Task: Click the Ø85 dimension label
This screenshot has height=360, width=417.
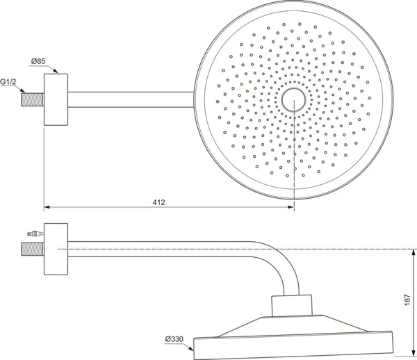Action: click(38, 63)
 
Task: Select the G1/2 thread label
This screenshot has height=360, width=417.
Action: click(8, 81)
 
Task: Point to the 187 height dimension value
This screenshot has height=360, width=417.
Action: click(407, 299)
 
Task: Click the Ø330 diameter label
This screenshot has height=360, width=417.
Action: click(174, 339)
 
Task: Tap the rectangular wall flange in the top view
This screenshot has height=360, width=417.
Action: click(56, 99)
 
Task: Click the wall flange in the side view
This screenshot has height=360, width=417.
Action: click(56, 250)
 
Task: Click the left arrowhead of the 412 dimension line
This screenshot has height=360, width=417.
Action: click(47, 206)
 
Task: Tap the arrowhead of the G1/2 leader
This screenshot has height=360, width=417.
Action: click(24, 90)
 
